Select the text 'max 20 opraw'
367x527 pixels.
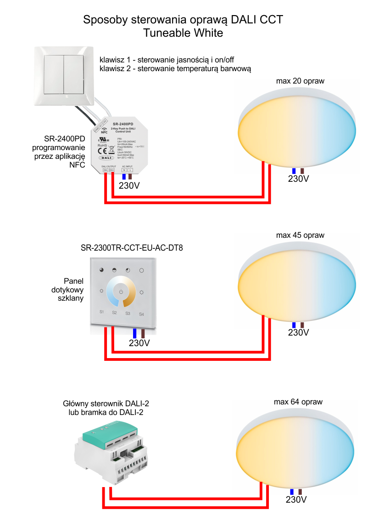point(300,81)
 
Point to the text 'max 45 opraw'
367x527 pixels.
point(300,235)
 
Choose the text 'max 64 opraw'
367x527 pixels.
point(298,402)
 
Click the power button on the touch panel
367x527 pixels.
point(121,292)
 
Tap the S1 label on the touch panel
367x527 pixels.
point(102,313)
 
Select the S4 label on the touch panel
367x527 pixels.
point(141,314)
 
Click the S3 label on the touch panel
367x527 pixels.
point(128,314)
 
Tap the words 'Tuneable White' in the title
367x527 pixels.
point(183,33)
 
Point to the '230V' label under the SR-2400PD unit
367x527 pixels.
point(129,186)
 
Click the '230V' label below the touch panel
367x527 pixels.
point(139,343)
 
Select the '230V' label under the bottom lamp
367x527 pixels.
point(297,500)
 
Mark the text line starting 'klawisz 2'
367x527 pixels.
point(175,69)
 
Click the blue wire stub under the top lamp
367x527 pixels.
point(293,171)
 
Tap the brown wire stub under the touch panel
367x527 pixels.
point(143,334)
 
